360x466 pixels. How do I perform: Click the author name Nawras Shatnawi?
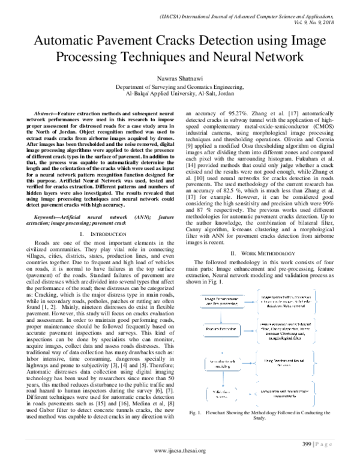179,78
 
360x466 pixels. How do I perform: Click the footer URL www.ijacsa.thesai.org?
180,451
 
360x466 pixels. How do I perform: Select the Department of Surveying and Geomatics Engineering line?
179,86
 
